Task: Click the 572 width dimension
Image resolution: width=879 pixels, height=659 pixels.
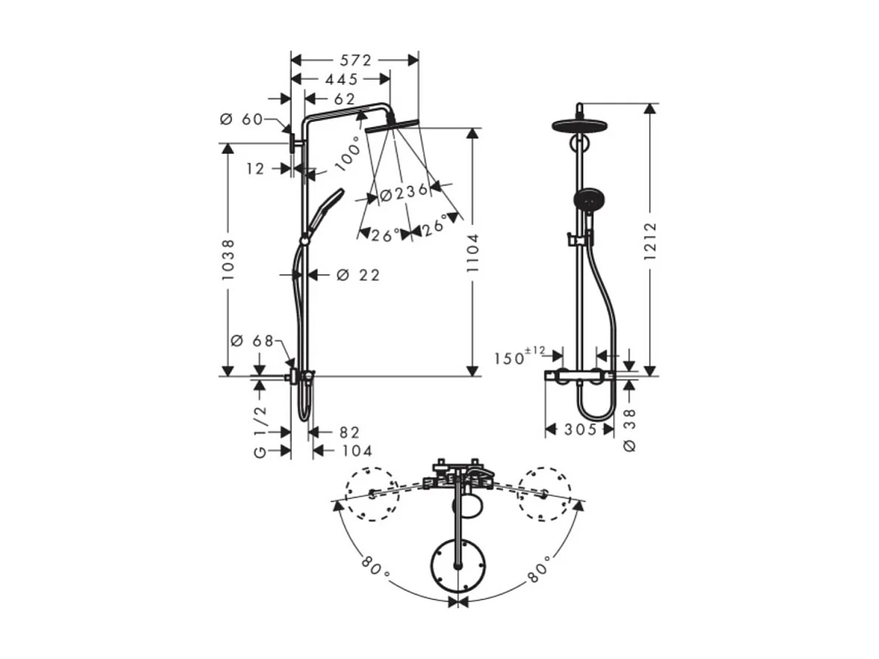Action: point(355,60)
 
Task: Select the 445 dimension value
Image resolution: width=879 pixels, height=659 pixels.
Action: point(341,79)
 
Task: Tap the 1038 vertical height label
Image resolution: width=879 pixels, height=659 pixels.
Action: point(228,259)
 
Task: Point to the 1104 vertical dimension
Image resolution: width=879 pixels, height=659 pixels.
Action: point(473,253)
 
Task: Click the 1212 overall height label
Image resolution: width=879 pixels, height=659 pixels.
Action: point(650,241)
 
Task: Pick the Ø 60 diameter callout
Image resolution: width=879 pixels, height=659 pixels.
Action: point(242,120)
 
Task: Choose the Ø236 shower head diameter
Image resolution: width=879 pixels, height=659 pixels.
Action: point(403,192)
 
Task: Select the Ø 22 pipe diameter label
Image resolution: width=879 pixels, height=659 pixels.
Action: point(358,275)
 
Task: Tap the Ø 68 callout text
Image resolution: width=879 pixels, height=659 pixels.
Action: point(253,341)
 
